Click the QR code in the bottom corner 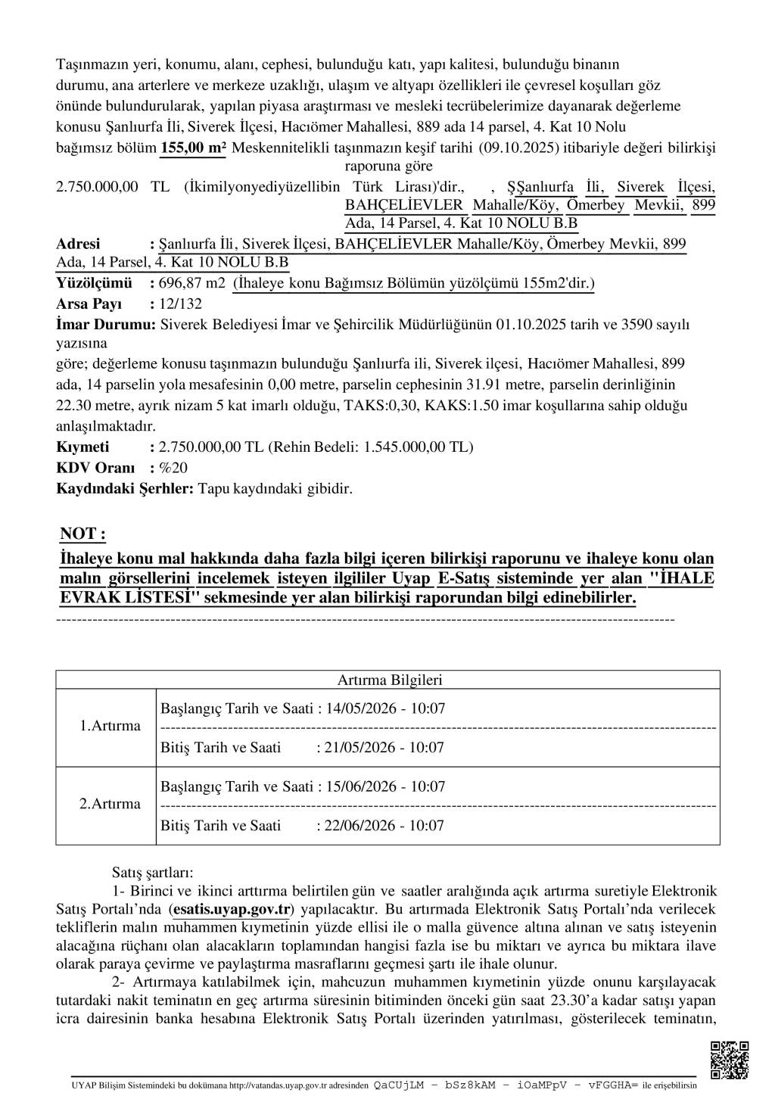click(x=730, y=1059)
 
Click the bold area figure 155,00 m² click(x=193, y=148)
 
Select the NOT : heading click(x=82, y=534)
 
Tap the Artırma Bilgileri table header click(x=389, y=680)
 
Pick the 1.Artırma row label click(x=110, y=726)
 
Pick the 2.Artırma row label click(x=110, y=804)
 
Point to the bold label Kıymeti click(x=82, y=447)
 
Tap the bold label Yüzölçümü click(x=94, y=284)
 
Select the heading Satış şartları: click(x=153, y=873)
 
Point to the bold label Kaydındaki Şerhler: click(x=125, y=488)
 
